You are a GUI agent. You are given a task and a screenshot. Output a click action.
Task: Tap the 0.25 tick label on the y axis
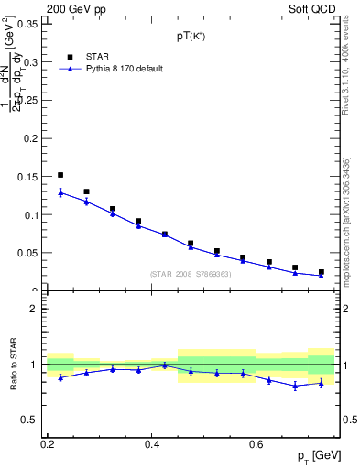pos(29,101)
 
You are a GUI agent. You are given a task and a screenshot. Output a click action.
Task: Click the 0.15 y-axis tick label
pos(29,177)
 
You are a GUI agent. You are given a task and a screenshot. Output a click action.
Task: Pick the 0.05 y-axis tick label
pos(29,253)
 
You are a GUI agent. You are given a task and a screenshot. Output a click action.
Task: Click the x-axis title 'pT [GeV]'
pos(314,456)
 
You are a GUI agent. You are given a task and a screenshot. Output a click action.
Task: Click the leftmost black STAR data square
pos(60,175)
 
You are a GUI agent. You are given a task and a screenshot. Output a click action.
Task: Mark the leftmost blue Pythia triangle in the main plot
pos(60,192)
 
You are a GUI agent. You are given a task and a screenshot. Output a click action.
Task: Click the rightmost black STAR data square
pos(321,272)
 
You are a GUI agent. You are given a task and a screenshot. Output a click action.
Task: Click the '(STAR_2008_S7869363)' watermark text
pos(191,274)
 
